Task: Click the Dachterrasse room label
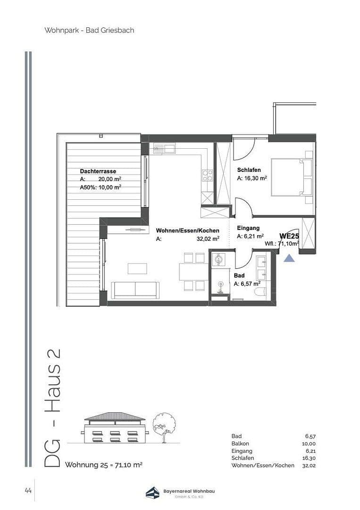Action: pos(98,171)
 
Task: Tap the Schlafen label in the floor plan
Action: pos(249,170)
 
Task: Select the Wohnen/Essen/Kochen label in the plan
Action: pos(187,230)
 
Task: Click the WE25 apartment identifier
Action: pos(289,236)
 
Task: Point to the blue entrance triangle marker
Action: pos(289,258)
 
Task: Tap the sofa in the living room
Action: pos(135,289)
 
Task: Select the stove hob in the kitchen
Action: pos(208,176)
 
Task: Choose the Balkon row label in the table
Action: pos(240,444)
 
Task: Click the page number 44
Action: pos(28,491)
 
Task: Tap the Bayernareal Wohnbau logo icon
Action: pos(152,493)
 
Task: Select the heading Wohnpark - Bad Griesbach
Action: pos(89,30)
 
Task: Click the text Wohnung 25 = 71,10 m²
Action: pos(103,465)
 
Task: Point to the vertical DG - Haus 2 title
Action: pos(53,408)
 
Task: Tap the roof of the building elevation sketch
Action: pos(115,417)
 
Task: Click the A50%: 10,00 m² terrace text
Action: pos(100,187)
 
